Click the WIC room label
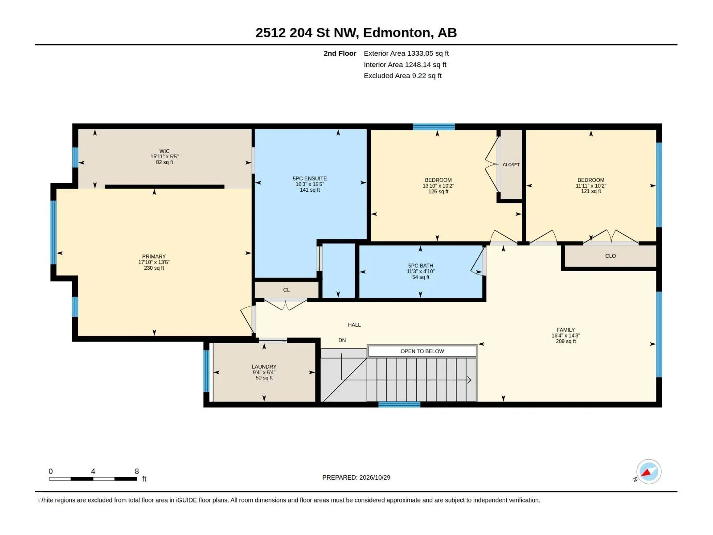(x=164, y=151)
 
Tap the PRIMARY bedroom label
(x=154, y=257)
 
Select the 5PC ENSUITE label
(x=310, y=178)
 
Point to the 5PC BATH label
(x=421, y=266)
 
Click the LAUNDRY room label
(x=264, y=366)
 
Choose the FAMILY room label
(x=565, y=330)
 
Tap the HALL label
(x=354, y=325)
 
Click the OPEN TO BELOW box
(x=422, y=351)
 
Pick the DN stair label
(x=342, y=340)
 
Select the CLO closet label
(x=611, y=256)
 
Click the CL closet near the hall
(x=286, y=290)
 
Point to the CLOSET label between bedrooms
(x=511, y=165)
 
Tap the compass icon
(x=649, y=472)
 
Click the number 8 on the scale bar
(x=137, y=471)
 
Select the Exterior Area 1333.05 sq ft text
(x=406, y=53)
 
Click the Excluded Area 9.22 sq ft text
(x=402, y=76)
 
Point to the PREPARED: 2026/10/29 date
(x=356, y=477)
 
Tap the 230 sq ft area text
(x=154, y=268)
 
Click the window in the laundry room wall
(x=206, y=371)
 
